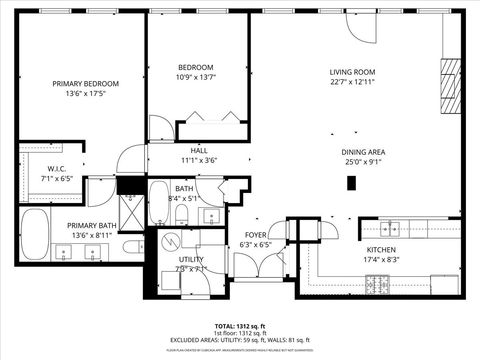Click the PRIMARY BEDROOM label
coord(85,84)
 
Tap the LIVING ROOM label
coord(352,72)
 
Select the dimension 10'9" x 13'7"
coord(196,77)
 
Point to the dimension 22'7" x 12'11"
coord(352,82)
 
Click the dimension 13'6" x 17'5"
coord(85,94)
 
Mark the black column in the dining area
coord(352,182)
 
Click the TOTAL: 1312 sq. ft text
coord(239,325)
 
